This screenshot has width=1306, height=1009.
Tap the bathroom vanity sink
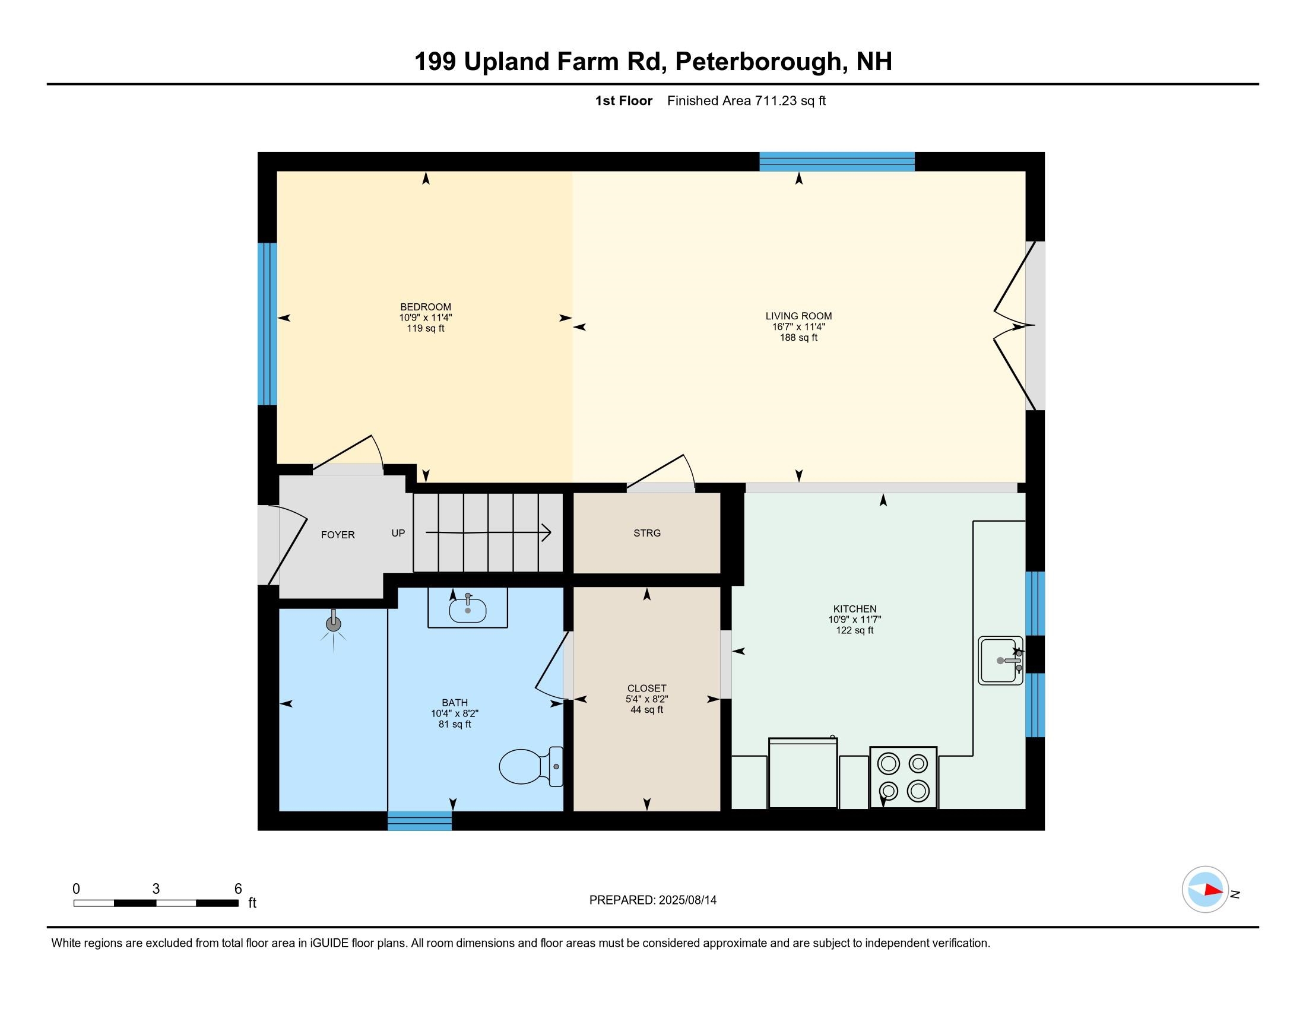click(x=468, y=610)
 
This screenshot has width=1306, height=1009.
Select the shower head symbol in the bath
click(x=333, y=624)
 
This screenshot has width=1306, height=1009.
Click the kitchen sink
click(x=1000, y=661)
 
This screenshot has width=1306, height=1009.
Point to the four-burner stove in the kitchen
click(x=903, y=777)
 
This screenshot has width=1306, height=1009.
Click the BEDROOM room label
click(x=425, y=307)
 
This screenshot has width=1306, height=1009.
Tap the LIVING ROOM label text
click(x=798, y=316)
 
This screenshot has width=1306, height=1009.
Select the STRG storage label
click(x=647, y=532)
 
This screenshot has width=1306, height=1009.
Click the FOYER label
click(x=338, y=534)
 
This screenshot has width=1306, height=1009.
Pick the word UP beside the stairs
click(x=398, y=532)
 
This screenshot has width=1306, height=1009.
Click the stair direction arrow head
click(x=547, y=532)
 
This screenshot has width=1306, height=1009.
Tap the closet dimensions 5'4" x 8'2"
click(x=646, y=699)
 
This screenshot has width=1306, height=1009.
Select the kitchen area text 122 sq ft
click(x=854, y=630)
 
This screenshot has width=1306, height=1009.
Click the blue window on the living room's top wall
click(x=836, y=161)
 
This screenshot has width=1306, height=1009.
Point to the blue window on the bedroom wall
click(x=267, y=323)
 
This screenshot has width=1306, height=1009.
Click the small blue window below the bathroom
click(x=419, y=821)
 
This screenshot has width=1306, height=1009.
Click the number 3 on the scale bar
click(x=156, y=889)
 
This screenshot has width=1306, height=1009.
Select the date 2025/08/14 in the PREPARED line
click(x=687, y=900)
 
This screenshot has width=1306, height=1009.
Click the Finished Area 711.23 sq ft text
click(x=746, y=100)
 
